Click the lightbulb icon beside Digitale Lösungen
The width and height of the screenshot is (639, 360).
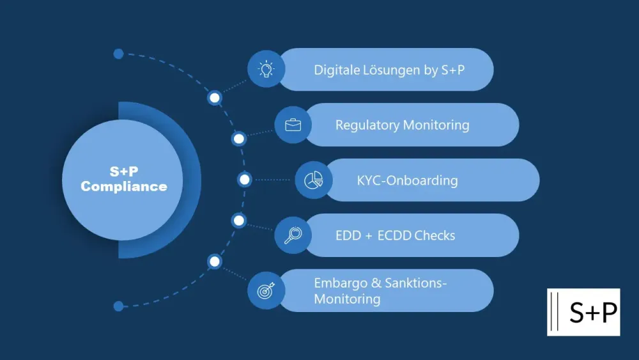click(266, 69)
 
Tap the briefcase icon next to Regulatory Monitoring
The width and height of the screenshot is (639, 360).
click(293, 125)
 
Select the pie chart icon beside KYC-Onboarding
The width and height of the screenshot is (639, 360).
click(313, 180)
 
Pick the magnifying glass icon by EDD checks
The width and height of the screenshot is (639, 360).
click(293, 235)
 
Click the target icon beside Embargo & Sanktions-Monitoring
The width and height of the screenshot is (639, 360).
click(266, 290)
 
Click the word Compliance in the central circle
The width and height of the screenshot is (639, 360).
click(124, 187)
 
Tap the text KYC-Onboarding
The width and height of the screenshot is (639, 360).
click(407, 180)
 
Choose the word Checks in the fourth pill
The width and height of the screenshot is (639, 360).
click(435, 235)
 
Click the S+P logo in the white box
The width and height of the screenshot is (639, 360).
click(583, 312)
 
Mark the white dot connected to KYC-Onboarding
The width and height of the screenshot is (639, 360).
click(244, 180)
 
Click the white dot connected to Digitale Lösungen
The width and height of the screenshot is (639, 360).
click(215, 98)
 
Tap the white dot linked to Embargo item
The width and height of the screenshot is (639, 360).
click(215, 261)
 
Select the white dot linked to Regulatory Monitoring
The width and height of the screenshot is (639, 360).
click(238, 138)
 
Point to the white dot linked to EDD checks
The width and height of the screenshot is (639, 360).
click(238, 221)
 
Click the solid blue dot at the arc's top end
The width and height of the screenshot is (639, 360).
click(118, 54)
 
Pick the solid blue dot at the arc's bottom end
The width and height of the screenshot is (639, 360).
click(118, 306)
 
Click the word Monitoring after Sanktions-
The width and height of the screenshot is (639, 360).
click(347, 299)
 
